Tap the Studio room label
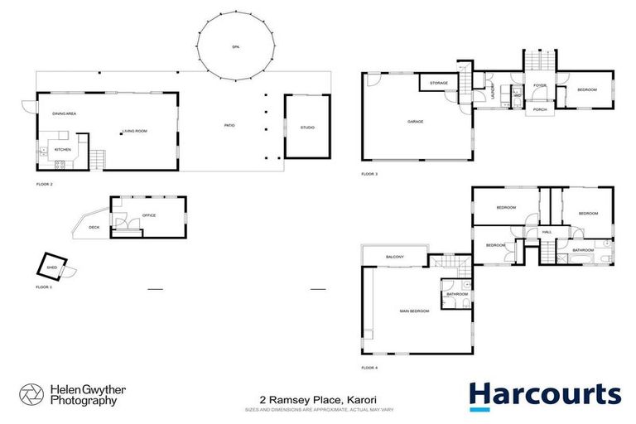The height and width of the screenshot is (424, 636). coord(307,128)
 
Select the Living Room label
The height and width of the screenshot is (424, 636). coord(134,131)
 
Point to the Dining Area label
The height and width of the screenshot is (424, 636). coord(65,113)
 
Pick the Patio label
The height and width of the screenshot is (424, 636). coord(229,126)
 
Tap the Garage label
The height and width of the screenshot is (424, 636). coord(415,122)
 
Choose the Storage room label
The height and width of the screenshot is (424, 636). coord(439,83)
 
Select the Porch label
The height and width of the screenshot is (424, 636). coord(540,109)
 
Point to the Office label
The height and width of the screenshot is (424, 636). coord(149,215)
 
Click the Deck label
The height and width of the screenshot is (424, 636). coord(94,227)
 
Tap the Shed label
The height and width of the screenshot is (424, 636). coord(51,267)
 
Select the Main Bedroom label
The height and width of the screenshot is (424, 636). coord(415,311)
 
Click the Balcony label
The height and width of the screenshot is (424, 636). coord(394,258)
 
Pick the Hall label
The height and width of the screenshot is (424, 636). coord(547,232)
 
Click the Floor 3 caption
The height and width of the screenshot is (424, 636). coord(369,174)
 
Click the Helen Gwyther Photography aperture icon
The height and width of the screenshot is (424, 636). coord(31,394)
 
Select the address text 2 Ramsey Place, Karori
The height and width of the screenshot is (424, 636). coord(317,398)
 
